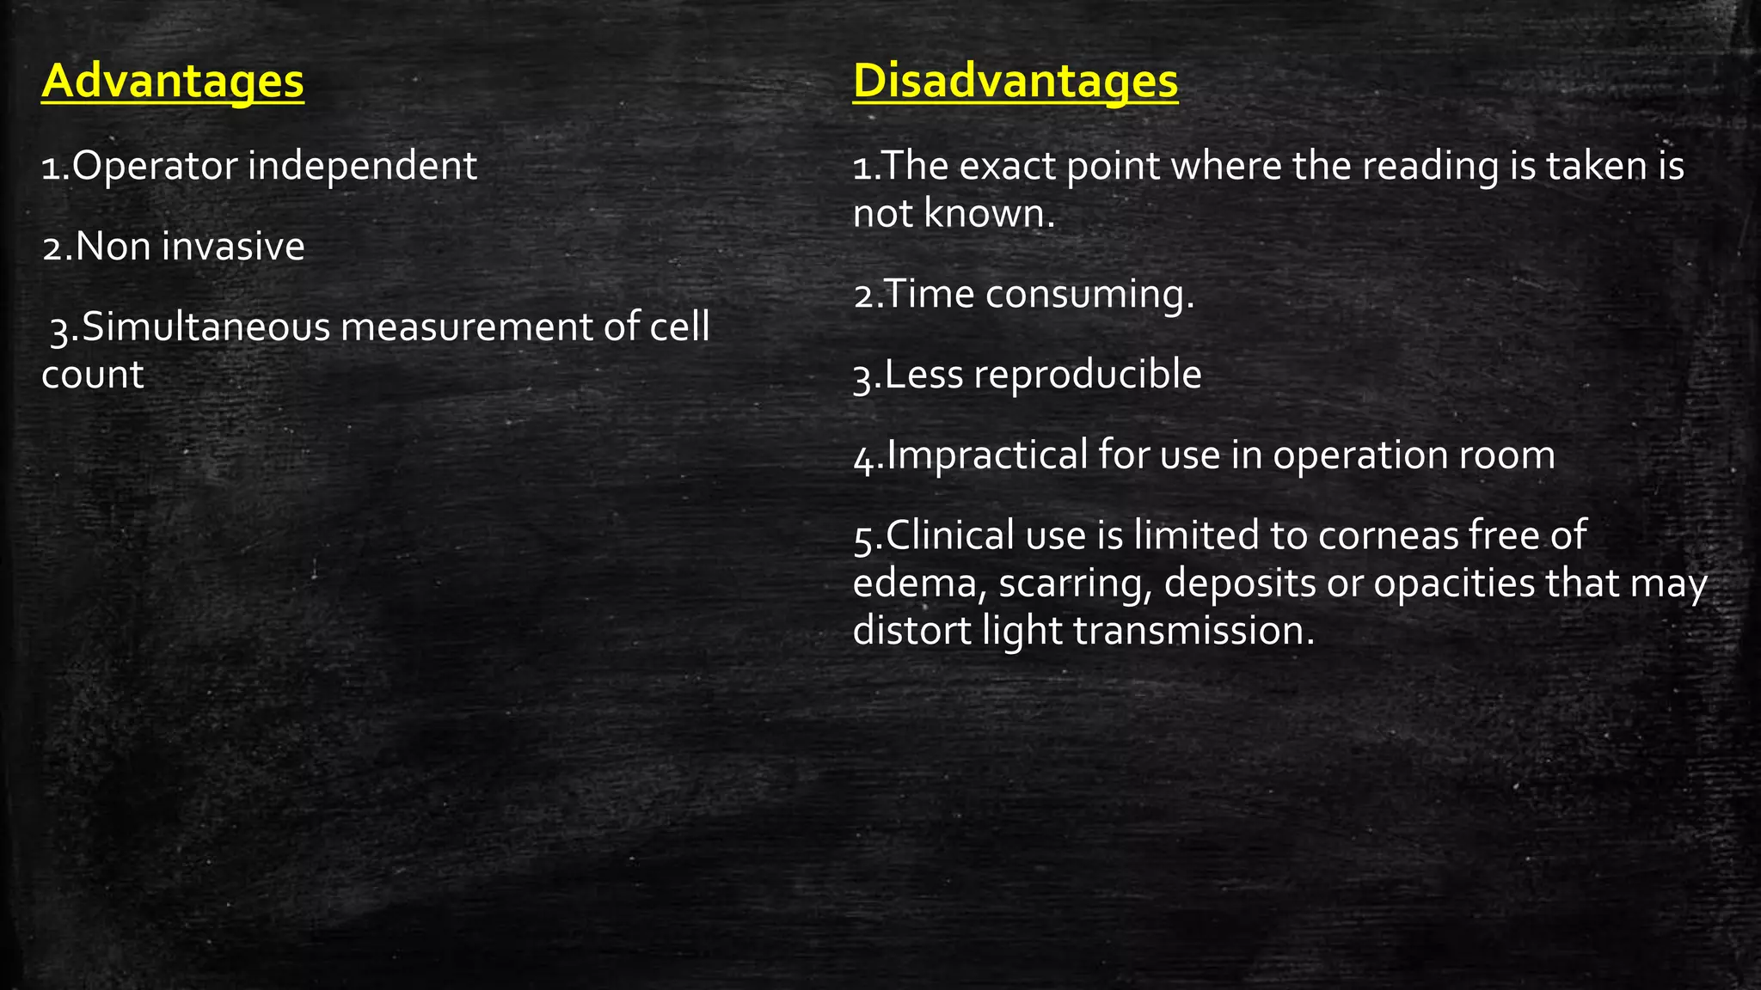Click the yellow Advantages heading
pyautogui.click(x=172, y=82)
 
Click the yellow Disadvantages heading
pyautogui.click(x=1015, y=82)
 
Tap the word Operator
pyautogui.click(x=154, y=166)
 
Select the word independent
pyautogui.click(x=362, y=166)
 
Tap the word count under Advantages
pyautogui.click(x=92, y=375)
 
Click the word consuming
pyautogui.click(x=1089, y=295)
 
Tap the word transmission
pyautogui.click(x=1194, y=631)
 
